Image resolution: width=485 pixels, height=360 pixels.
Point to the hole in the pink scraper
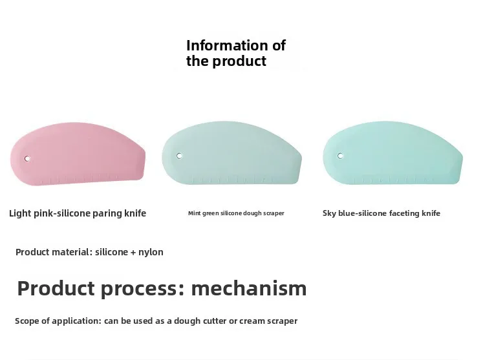pyautogui.click(x=27, y=158)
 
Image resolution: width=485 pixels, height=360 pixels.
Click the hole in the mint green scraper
pyautogui.click(x=180, y=156)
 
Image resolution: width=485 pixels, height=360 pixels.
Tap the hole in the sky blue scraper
pyautogui.click(x=341, y=156)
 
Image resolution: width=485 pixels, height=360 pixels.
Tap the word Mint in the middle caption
pyautogui.click(x=195, y=213)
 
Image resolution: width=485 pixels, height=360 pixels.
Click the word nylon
pyautogui.click(x=151, y=252)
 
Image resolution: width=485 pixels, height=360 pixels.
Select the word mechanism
pyautogui.click(x=249, y=288)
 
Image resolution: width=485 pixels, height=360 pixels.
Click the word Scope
pyautogui.click(x=27, y=321)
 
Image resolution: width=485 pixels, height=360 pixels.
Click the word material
pyautogui.click(x=71, y=252)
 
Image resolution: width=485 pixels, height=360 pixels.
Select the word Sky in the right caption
pyautogui.click(x=330, y=213)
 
